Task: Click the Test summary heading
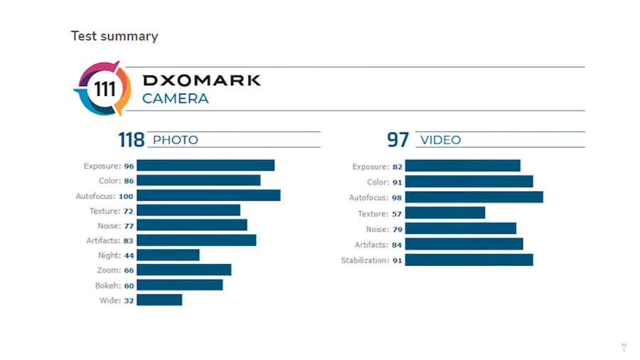click(114, 36)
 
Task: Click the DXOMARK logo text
click(201, 80)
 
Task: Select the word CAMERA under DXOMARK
click(176, 99)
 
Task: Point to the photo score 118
click(131, 139)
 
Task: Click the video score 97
click(398, 139)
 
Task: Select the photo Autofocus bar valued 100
click(208, 196)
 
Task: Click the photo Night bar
click(168, 255)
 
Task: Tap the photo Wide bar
click(159, 300)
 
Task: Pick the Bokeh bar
click(179, 285)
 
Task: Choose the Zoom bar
click(183, 270)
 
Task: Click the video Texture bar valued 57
click(444, 213)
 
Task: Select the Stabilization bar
click(469, 260)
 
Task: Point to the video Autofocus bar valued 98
click(474, 197)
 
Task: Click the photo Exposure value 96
click(129, 166)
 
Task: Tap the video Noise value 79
click(397, 229)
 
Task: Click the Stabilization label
click(365, 260)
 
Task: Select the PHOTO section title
click(176, 140)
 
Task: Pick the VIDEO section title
click(441, 140)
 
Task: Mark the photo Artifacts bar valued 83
click(196, 240)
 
